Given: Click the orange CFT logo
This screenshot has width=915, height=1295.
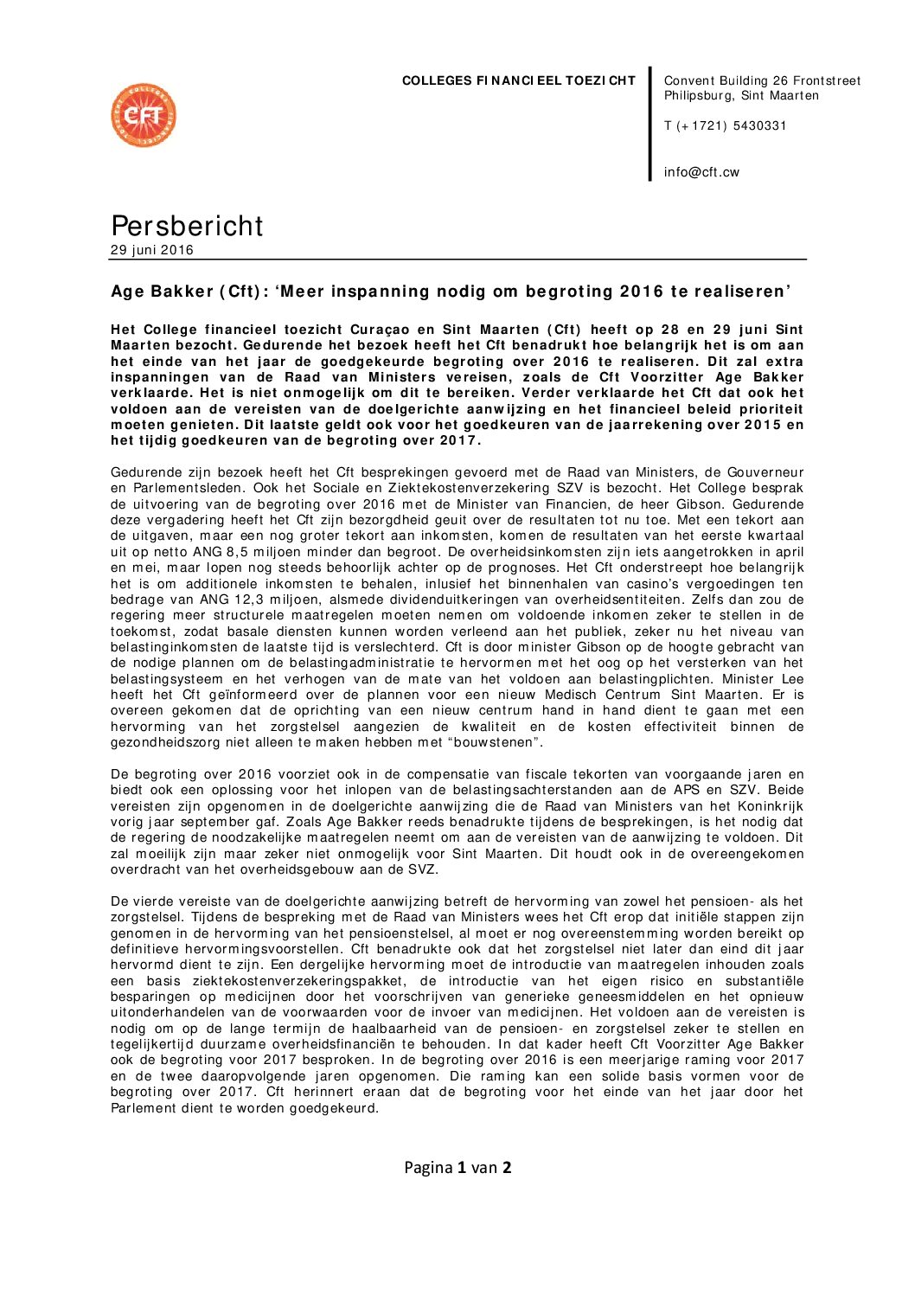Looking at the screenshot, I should pyautogui.click(x=144, y=115).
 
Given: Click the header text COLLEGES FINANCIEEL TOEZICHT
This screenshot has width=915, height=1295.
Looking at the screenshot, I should pyautogui.click(x=518, y=80).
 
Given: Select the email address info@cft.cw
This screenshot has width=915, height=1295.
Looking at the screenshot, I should pyautogui.click(x=701, y=171).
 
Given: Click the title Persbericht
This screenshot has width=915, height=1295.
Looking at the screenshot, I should pyautogui.click(x=187, y=225).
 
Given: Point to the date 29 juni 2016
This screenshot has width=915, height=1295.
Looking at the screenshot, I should pyautogui.click(x=152, y=250).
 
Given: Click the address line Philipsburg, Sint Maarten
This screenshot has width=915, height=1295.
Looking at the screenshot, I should pyautogui.click(x=741, y=95).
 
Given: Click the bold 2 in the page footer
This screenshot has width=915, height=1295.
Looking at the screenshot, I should pyautogui.click(x=507, y=1167).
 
